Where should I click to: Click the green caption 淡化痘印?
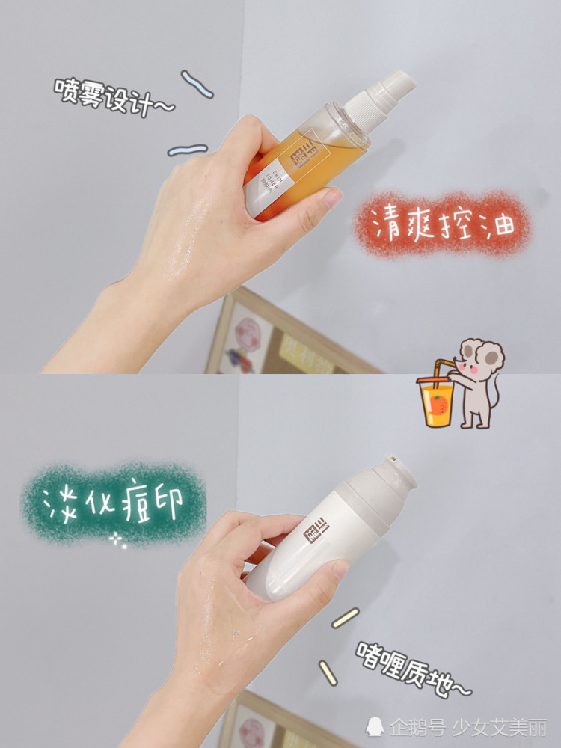112,503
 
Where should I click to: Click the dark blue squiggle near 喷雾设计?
197,83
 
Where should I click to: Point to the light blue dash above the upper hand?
187,150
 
